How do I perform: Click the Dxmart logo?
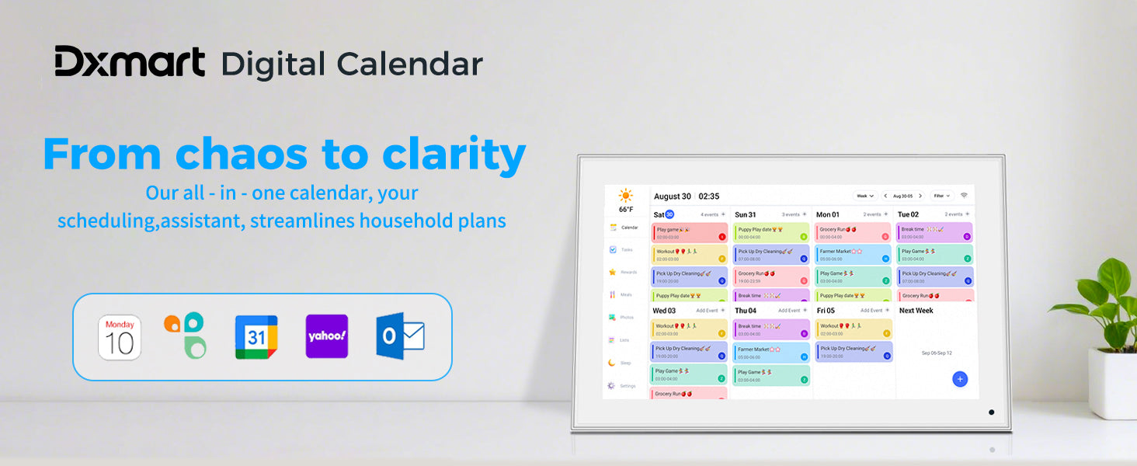point(130,62)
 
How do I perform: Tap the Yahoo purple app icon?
point(326,336)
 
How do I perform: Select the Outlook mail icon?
point(400,336)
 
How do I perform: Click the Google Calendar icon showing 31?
point(256,336)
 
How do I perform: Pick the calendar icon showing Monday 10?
point(120,337)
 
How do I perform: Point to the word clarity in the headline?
point(454,155)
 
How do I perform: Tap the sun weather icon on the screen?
point(625,195)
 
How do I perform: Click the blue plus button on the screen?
point(960,379)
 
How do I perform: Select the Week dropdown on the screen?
point(864,196)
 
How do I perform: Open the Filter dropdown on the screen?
point(942,196)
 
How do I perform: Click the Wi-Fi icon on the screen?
point(965,196)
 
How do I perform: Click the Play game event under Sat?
point(690,233)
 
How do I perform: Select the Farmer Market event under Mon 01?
point(853,255)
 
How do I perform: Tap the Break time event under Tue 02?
point(934,232)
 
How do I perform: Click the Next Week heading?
point(916,311)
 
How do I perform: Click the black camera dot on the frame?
point(991,412)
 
